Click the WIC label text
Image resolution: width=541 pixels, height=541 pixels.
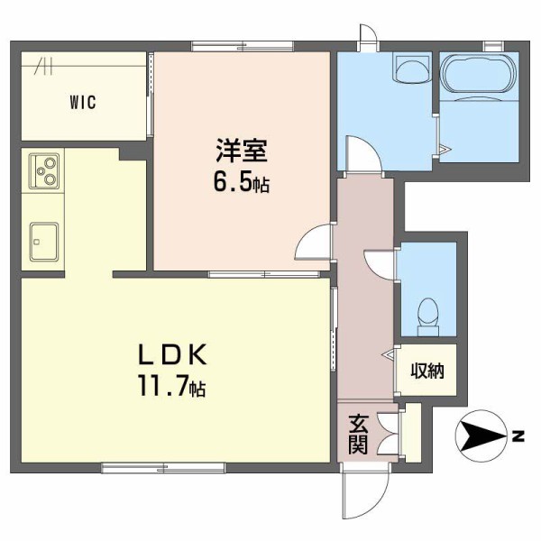(82, 101)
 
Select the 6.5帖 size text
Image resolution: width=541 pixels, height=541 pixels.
(241, 184)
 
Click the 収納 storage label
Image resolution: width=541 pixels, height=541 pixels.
(427, 371)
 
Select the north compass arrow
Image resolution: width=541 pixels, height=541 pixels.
(482, 437)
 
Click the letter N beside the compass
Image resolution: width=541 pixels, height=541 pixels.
(518, 437)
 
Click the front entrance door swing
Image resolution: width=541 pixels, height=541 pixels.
(365, 491)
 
